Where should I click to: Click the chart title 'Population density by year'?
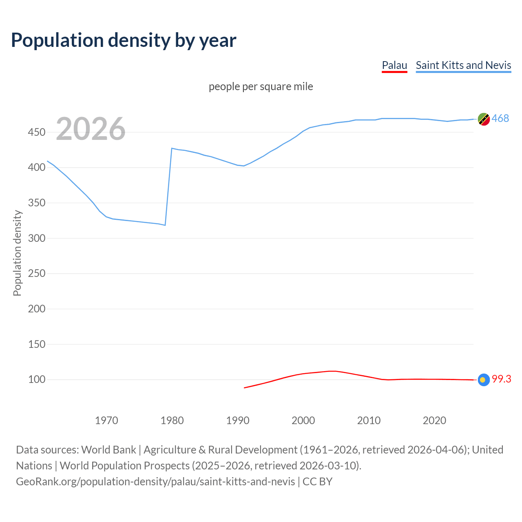coord(124,40)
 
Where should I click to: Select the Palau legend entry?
coord(394,65)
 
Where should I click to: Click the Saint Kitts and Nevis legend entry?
coord(463,65)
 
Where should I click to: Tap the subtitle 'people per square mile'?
coord(261,86)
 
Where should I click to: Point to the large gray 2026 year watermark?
coord(91,129)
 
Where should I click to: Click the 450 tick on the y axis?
coord(37,132)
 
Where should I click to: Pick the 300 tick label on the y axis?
coord(37,238)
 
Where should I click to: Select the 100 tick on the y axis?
coord(37,379)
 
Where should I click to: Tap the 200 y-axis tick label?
coord(37,309)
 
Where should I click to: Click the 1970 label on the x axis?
coord(106,420)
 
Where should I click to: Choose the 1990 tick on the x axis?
coord(238,420)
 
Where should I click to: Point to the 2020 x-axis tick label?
coord(434,420)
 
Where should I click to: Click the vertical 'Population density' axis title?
coord(17,253)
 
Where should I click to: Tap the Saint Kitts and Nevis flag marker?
coord(484,119)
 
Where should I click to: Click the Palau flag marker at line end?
coord(484,380)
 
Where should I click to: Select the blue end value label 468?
coord(500,118)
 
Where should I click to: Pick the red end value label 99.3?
coord(502,379)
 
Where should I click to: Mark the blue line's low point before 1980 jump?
coord(165,225)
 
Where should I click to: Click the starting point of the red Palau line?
coord(244,388)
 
